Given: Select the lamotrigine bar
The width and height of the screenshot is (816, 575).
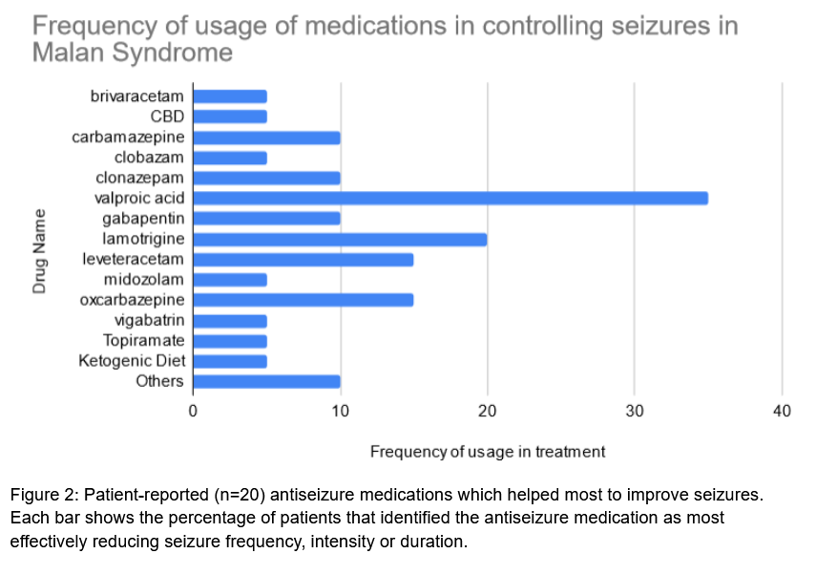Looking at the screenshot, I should coord(340,239).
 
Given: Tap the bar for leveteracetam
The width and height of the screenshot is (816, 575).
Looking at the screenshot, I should coord(303,259).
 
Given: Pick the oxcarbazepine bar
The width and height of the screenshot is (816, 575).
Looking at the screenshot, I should coord(303,300).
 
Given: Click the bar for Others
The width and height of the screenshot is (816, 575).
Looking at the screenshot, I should coord(266,382).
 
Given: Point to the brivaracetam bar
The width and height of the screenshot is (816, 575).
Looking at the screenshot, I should coord(230,96).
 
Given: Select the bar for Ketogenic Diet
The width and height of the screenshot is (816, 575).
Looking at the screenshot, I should coord(230,361).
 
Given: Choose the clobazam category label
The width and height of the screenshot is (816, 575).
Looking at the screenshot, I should coord(149,157).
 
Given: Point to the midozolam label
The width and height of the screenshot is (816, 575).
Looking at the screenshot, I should coord(144,279).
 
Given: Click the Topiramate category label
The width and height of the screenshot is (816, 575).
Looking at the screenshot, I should coord(144,340).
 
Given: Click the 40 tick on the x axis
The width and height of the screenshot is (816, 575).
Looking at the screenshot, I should coord(782,411).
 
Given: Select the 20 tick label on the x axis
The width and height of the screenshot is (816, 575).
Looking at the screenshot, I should coord(488,411).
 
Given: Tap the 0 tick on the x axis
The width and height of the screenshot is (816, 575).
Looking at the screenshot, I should coord(193,411).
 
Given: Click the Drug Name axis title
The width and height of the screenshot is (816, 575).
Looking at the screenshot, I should coord(40,250).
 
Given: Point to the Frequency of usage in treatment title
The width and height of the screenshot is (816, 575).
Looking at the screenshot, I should coord(487,452).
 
